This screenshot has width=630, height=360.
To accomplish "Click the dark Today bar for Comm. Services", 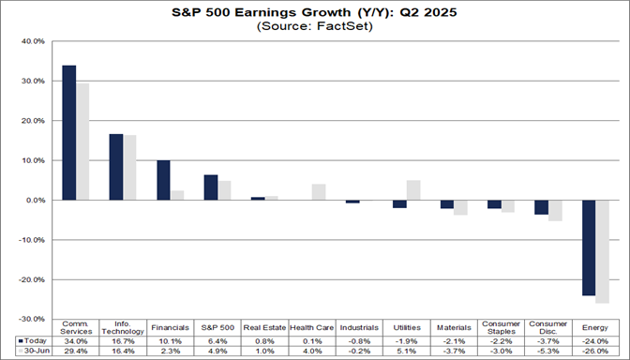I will (69, 132).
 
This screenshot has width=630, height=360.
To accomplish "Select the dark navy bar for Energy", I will (589, 247).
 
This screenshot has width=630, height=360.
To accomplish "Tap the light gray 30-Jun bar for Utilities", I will (413, 190).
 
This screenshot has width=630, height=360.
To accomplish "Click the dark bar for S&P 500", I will (211, 187).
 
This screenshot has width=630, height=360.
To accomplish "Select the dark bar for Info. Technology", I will (116, 167).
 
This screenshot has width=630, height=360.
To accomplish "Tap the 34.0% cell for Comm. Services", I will (76, 340).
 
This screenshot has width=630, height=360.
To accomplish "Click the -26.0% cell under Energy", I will (595, 351).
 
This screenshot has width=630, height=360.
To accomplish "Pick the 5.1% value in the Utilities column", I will (406, 351).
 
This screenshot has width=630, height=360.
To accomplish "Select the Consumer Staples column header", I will (501, 327).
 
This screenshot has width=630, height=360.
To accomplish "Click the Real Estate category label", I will (264, 327).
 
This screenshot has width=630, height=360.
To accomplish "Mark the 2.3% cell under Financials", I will (170, 351).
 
